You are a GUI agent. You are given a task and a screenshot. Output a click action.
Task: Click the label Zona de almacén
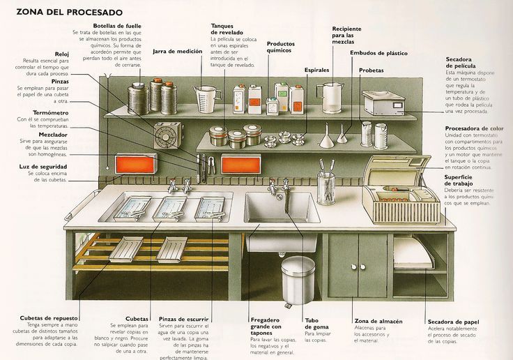[x=378, y=321]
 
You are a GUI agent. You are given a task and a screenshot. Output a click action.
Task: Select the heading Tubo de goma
[x=317, y=324]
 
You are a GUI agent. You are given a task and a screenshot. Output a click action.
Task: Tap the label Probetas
[x=371, y=70]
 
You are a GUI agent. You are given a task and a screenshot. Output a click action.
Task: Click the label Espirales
[x=317, y=70]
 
